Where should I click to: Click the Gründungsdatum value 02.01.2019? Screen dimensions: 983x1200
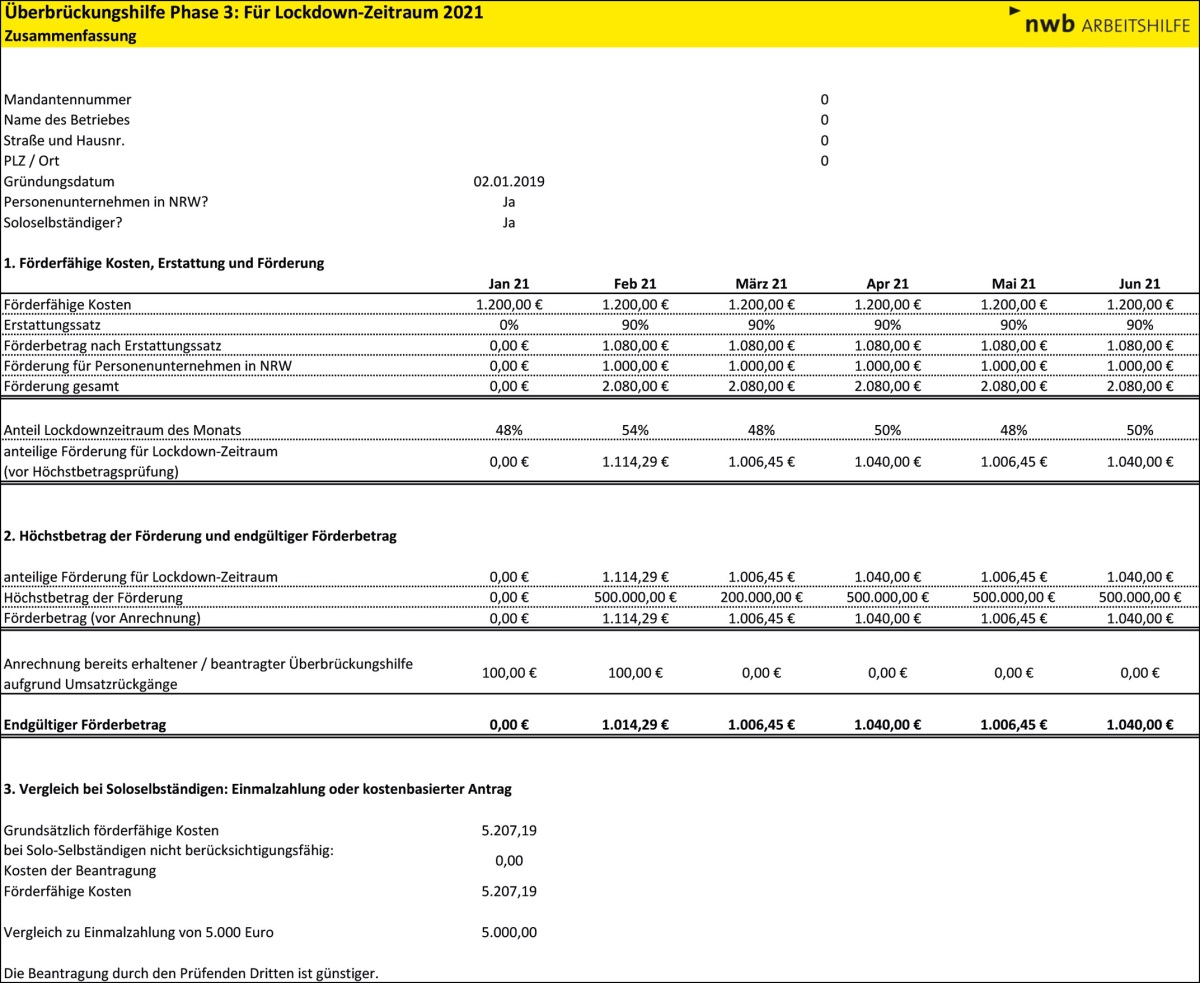509,182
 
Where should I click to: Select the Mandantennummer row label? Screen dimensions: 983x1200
68,100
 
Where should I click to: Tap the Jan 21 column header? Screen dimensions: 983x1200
509,284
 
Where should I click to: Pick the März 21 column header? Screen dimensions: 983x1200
761,284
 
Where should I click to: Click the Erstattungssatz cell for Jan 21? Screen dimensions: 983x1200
509,325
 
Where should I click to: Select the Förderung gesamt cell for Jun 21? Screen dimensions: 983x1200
1140,386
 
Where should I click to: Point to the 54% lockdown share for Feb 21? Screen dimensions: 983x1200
635,430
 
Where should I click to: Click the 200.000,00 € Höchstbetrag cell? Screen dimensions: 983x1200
761,598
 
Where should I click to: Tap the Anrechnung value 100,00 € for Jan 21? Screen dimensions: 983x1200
509,674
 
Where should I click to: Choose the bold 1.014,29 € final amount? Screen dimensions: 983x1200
635,725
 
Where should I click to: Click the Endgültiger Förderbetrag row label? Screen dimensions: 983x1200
85,725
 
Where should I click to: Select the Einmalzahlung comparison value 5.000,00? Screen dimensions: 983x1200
509,933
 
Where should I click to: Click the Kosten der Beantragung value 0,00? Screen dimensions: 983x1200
509,860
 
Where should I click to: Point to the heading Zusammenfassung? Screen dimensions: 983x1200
70,35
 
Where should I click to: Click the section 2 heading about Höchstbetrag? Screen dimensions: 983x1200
200,536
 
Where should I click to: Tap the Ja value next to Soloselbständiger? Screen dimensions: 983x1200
509,223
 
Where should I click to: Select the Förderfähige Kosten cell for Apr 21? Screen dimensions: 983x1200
888,304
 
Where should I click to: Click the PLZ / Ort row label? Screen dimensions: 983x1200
32,161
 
